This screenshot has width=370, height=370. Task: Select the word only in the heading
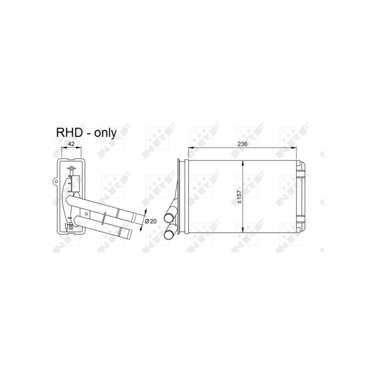[105, 133]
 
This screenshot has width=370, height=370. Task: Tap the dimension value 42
[71, 144]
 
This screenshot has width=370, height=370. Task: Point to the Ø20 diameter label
[151, 221]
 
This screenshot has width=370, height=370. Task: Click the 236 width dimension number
[242, 144]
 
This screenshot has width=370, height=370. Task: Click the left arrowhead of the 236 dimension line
[190, 148]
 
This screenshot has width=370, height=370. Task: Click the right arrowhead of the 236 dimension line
[295, 148]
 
